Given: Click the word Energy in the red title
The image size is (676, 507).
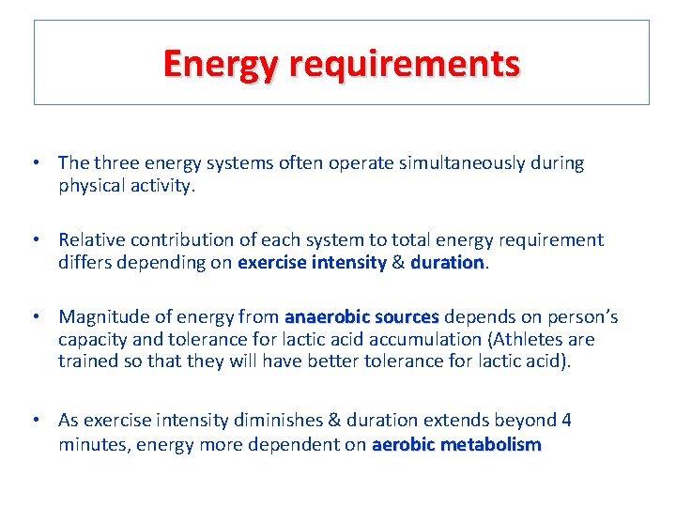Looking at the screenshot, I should coord(222,64).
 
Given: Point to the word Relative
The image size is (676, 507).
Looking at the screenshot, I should coord(91,240).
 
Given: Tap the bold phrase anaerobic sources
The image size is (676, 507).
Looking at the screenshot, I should coord(361,317).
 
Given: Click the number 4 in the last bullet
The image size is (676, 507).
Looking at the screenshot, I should coord(566,420).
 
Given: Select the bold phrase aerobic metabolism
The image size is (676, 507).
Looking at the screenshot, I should coord(456,445).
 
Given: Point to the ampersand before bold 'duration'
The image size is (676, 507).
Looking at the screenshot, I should coord(398,263).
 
